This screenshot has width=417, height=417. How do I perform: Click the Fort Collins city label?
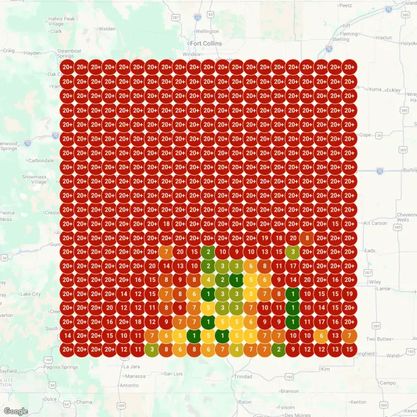(x=206, y=43)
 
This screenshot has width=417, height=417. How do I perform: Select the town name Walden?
(x=107, y=29)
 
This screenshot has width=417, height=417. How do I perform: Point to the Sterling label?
(x=340, y=39)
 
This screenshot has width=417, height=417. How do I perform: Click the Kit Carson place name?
(x=375, y=223)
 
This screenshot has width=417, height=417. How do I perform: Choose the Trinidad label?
(x=243, y=376)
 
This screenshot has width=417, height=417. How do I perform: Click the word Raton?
(x=244, y=402)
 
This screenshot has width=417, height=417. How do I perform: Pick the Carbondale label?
(x=41, y=161)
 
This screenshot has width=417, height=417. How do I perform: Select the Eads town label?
(x=370, y=251)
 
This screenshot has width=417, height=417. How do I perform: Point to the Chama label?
(x=83, y=402)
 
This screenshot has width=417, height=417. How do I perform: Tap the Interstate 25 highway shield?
(x=197, y=17)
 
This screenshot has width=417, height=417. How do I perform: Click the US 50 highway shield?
(x=4, y=257)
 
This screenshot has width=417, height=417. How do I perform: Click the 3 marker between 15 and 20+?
(x=293, y=252)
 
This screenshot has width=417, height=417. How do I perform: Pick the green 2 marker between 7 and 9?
(x=279, y=349)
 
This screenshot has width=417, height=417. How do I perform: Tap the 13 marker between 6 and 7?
(x=335, y=335)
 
